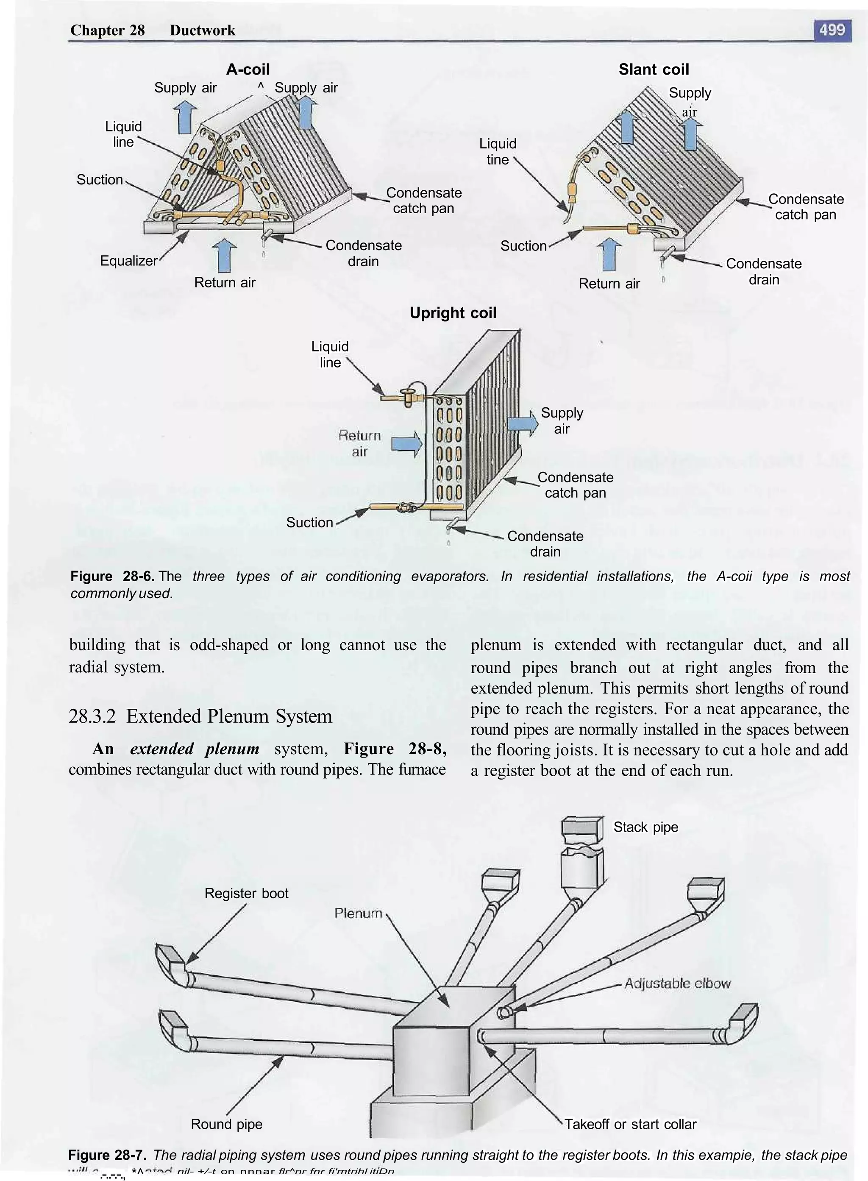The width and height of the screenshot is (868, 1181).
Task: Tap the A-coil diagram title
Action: pyautogui.click(x=248, y=70)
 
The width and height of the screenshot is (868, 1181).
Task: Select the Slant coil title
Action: pyautogui.click(x=653, y=70)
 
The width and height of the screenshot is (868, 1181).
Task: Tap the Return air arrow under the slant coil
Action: pyautogui.click(x=609, y=254)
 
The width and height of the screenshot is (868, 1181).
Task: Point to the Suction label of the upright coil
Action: pyautogui.click(x=309, y=522)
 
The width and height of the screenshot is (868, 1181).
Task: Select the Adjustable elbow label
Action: pyautogui.click(x=677, y=983)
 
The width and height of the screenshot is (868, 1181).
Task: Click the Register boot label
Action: pyautogui.click(x=246, y=893)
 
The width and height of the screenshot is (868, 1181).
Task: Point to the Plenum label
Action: pyautogui.click(x=358, y=913)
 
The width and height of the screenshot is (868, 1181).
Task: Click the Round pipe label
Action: pyautogui.click(x=226, y=1124)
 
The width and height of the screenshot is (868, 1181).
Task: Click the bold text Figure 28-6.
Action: pyautogui.click(x=112, y=576)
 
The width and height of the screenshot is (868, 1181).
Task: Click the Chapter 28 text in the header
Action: pyautogui.click(x=107, y=30)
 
